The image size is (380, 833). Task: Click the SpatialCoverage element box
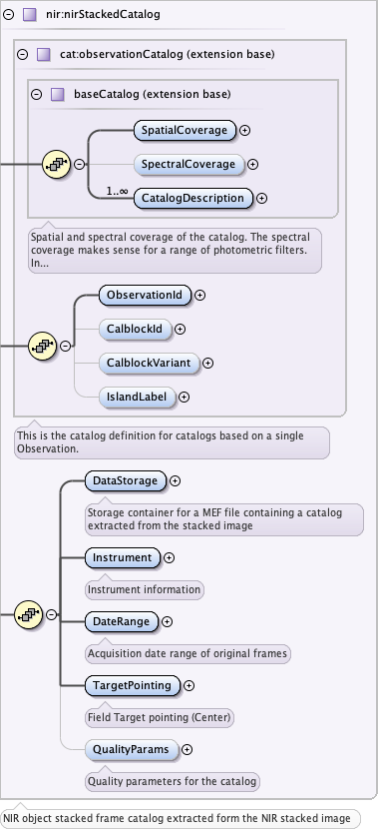185,130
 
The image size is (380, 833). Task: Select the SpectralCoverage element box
189,164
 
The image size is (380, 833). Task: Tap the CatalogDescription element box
193,198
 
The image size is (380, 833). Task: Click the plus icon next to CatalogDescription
261,198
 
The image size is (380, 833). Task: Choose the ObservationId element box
145,295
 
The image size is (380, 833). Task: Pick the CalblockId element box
135,329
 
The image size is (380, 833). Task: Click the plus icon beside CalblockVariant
208,363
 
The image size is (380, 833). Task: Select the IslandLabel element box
137,397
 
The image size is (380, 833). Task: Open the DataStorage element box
126,480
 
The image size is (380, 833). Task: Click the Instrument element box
123,557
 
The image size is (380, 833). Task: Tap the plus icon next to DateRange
167,621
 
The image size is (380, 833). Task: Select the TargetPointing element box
133,685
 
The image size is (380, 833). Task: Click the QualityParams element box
132,749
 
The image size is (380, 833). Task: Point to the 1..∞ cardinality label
118,191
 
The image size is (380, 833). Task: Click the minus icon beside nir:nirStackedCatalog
8,14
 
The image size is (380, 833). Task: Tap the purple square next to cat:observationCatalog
43,54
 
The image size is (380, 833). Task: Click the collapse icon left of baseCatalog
36,95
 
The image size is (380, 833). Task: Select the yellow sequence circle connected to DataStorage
29,614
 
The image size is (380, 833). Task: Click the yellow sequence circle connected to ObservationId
43,346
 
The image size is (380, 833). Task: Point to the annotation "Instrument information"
145,589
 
